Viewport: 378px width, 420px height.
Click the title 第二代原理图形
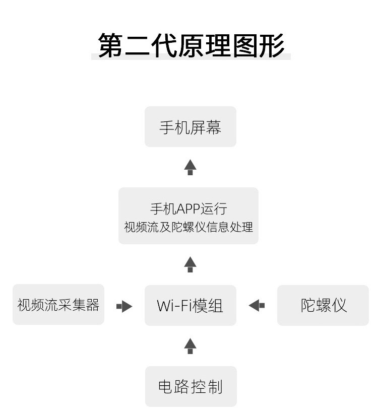point(191,45)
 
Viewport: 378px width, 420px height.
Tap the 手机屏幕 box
point(191,126)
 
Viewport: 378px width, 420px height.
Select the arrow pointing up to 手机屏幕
point(191,167)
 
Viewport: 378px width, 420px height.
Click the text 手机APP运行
point(188,209)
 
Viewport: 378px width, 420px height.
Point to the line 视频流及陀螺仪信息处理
point(188,227)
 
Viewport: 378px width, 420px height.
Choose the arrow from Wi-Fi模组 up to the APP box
point(191,264)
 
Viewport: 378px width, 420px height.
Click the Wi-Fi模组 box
point(191,305)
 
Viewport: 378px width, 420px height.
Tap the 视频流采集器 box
point(58,305)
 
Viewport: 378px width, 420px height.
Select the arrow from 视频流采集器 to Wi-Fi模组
point(124,306)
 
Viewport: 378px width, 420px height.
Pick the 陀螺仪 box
point(323,305)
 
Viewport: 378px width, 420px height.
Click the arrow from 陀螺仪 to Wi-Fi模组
point(257,305)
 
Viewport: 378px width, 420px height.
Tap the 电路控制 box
point(191,387)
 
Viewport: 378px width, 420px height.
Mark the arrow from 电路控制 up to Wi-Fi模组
point(191,346)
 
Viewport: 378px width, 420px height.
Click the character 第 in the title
point(110,45)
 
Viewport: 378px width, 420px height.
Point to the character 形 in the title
point(272,45)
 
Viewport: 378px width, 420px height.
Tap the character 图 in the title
point(245,45)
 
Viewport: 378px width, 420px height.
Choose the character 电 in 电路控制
point(165,387)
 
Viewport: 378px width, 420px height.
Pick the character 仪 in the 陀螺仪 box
point(339,305)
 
